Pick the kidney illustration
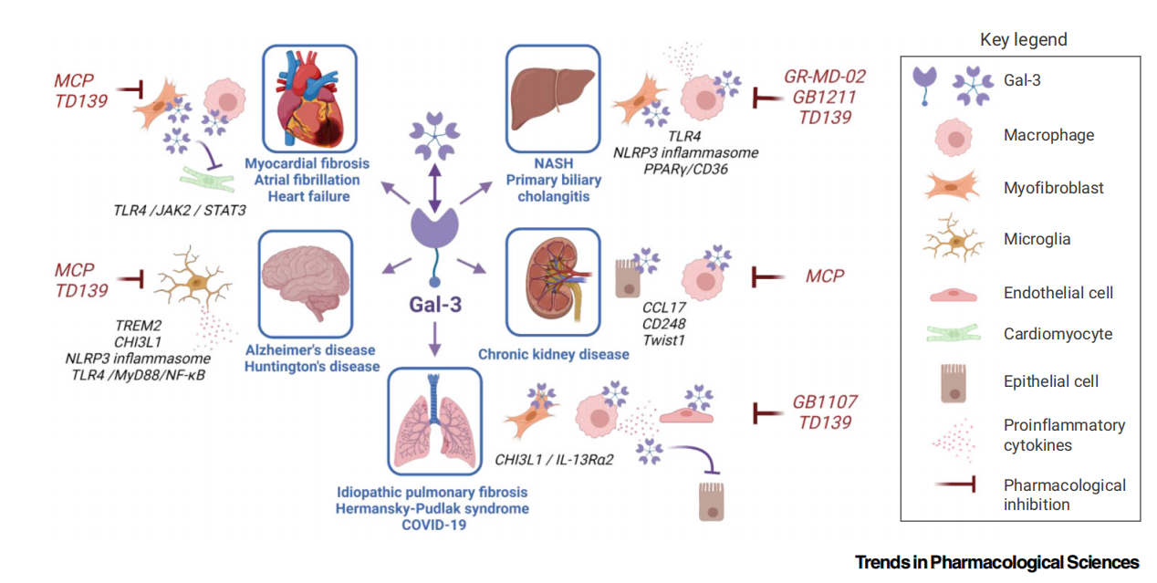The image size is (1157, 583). (553, 281)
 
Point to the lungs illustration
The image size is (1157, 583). (434, 420)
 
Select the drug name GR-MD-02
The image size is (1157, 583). (824, 77)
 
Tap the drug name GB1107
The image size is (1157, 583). (824, 401)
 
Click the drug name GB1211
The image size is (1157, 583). (824, 97)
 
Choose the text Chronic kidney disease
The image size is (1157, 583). (553, 354)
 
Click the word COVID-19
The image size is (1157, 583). (433, 525)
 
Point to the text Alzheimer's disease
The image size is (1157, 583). (311, 350)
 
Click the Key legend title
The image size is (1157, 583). (1023, 39)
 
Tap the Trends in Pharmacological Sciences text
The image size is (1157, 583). (996, 562)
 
